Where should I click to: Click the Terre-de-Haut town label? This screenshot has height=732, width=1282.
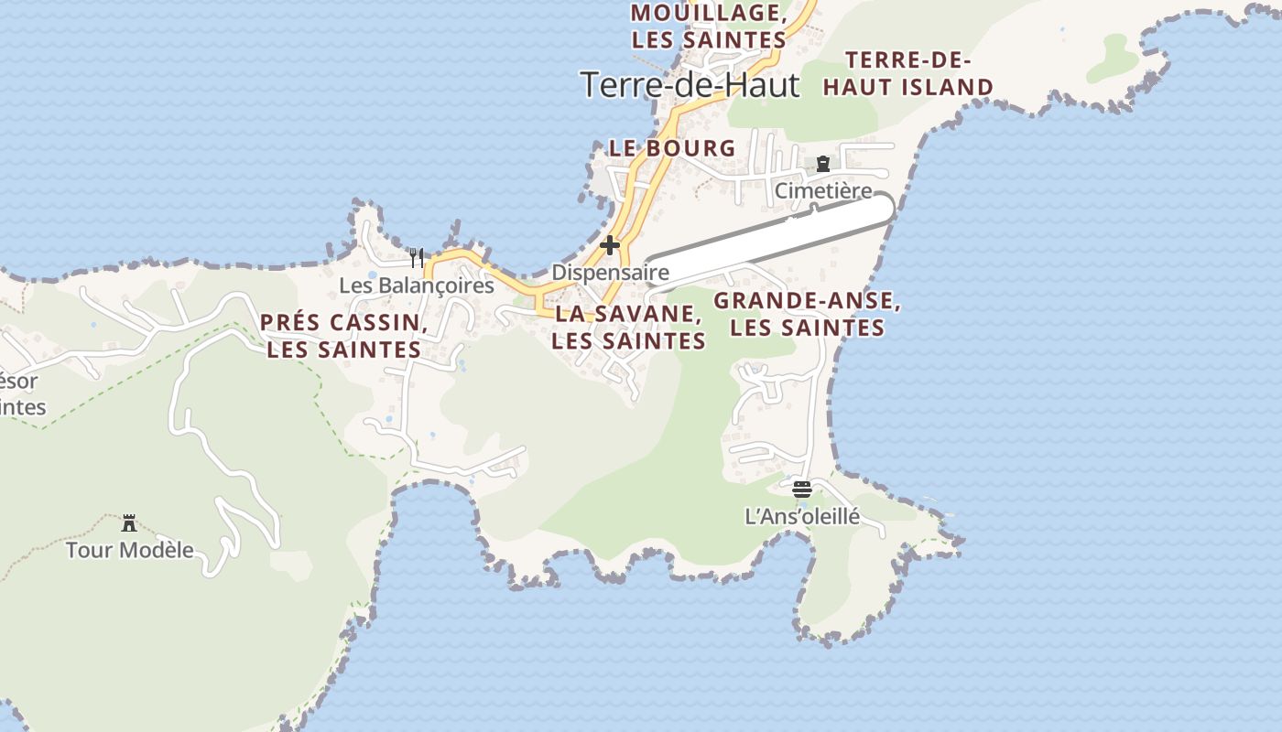(x=690, y=85)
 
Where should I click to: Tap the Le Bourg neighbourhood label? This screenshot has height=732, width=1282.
(x=672, y=147)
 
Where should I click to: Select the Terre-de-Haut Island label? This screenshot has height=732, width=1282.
(x=907, y=74)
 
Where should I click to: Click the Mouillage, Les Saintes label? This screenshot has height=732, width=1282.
(x=709, y=27)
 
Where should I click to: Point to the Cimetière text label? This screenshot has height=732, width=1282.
(x=823, y=191)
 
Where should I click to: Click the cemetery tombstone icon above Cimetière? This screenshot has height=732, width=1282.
(x=823, y=165)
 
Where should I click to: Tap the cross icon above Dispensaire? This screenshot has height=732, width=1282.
(x=610, y=245)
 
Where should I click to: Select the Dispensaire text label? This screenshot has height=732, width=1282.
(x=610, y=273)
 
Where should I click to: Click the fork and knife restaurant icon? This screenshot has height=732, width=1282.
(x=417, y=257)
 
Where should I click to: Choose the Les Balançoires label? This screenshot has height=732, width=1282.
(x=417, y=285)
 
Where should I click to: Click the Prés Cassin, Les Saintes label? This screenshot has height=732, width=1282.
(x=344, y=336)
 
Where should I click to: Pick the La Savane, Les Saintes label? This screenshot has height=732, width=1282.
(x=629, y=328)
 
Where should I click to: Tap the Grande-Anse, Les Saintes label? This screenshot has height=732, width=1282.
(x=808, y=314)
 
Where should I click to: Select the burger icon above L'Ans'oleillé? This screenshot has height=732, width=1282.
(x=802, y=489)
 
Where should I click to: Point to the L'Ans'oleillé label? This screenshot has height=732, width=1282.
(x=802, y=517)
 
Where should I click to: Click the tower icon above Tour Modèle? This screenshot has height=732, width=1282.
(x=129, y=523)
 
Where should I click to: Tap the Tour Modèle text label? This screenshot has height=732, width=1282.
(x=129, y=550)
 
